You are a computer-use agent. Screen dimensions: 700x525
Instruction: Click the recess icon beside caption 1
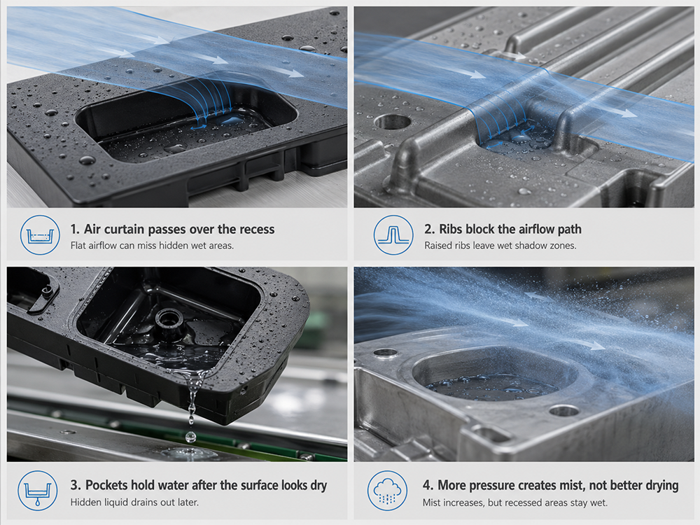click(40, 234)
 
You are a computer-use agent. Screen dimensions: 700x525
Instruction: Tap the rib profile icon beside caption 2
click(393, 234)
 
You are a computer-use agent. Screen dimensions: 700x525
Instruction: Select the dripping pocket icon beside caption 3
click(38, 491)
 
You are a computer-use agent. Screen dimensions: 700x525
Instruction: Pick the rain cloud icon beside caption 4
click(387, 491)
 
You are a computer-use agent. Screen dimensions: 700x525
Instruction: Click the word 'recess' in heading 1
click(257, 230)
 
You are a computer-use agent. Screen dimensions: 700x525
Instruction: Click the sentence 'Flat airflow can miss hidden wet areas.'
click(152, 246)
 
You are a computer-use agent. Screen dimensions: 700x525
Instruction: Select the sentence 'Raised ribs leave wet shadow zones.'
click(500, 246)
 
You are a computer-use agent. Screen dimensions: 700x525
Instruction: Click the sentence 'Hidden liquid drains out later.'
click(134, 502)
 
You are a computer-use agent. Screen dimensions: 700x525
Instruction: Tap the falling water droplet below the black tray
click(190, 435)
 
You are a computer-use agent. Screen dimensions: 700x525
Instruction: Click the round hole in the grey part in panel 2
click(393, 121)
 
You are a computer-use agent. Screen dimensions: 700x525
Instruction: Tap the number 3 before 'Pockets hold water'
click(75, 485)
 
